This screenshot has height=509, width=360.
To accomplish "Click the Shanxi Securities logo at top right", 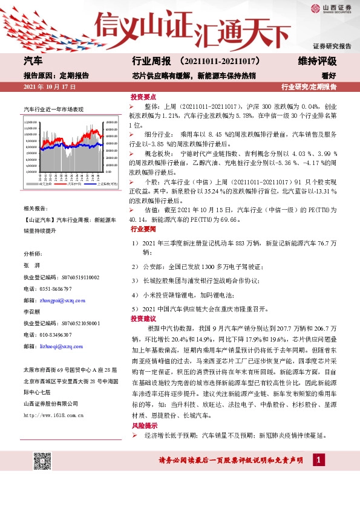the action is pyautogui.click(x=330, y=8).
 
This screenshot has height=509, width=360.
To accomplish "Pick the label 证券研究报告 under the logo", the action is pyautogui.click(x=332, y=46).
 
